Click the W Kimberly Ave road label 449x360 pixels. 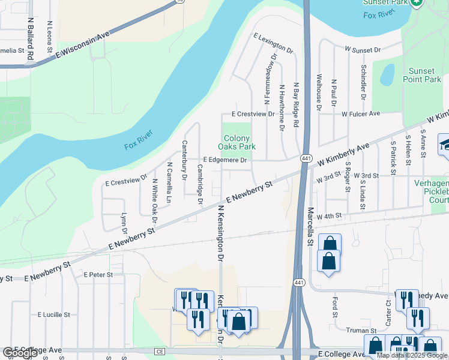pos(343,155)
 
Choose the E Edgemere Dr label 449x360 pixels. pos(225,160)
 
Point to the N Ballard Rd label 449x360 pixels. pos(29,38)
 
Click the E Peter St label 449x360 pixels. pos(98,275)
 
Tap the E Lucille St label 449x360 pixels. pos(54,314)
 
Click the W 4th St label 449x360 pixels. pos(330,215)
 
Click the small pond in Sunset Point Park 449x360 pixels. pos(387,74)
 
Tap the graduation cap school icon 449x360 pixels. pos(445,145)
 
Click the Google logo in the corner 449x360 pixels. pos(20,353)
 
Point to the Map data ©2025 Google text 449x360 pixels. pos(412,355)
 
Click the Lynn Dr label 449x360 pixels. pos(124,223)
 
